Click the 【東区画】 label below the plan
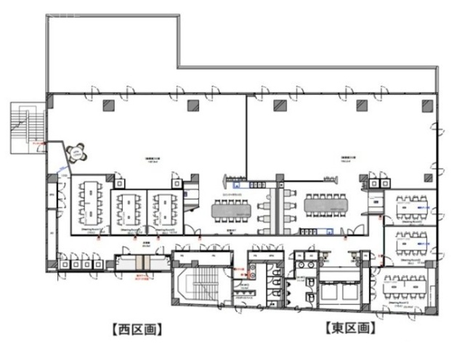pyautogui.click(x=350, y=328)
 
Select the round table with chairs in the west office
pyautogui.click(x=76, y=153)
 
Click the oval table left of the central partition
pyautogui.click(x=233, y=209)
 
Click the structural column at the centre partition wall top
pyautogui.click(x=278, y=105)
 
